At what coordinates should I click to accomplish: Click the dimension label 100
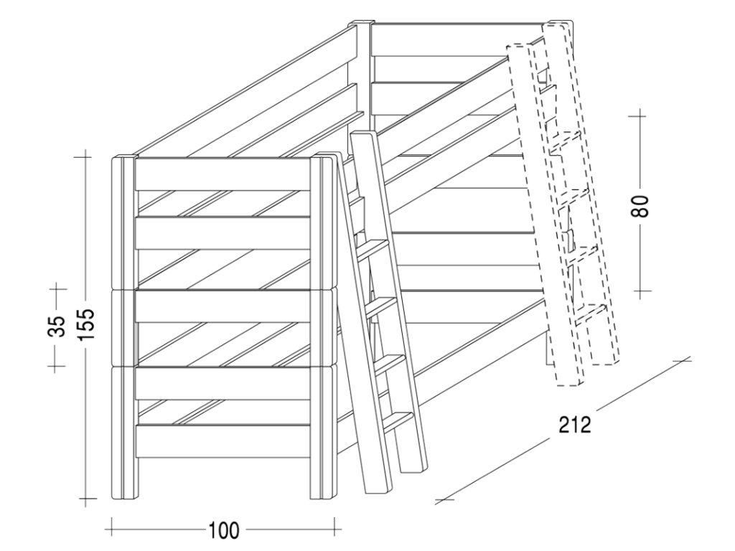click(x=225, y=531)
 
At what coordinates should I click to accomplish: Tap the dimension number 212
click(x=575, y=425)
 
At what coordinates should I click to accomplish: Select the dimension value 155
click(x=86, y=326)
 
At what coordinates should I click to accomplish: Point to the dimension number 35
click(x=57, y=326)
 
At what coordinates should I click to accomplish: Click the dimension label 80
click(x=641, y=205)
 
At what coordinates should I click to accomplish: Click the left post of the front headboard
click(x=123, y=326)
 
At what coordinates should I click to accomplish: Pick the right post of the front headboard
click(x=324, y=326)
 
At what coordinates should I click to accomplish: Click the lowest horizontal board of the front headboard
click(x=223, y=438)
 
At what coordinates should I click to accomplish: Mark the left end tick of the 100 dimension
click(x=112, y=530)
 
